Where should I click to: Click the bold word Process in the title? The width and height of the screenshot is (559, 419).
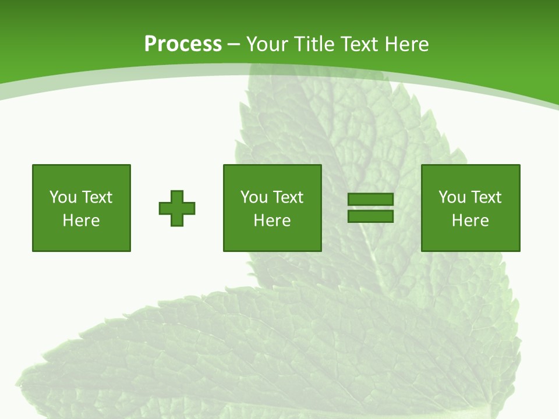coord(183,44)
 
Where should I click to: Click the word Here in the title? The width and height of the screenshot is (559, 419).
coord(407,44)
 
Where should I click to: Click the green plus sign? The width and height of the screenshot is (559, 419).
coord(177,208)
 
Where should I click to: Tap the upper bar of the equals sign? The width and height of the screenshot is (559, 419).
coord(370,200)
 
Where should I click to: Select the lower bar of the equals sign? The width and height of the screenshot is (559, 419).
coord(370,216)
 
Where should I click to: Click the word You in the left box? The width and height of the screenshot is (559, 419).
coord(62,197)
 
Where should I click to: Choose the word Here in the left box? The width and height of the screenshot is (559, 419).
coord(81,221)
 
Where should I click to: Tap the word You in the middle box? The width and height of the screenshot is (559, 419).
coord(253,197)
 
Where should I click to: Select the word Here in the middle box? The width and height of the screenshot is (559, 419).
coord(272,221)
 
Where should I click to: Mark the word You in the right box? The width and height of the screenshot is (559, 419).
coord(451,197)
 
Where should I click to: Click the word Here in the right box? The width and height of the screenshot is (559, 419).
coord(470,221)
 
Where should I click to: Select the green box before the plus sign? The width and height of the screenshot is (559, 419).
coord(82,239)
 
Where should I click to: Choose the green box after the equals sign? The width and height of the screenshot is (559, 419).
coord(470,239)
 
